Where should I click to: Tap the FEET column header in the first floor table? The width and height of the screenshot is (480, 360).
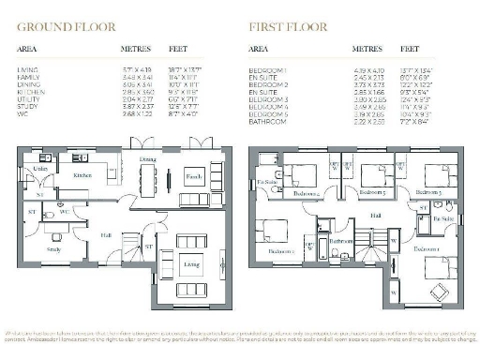tap(410, 46)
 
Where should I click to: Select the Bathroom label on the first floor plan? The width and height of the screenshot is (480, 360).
tap(339, 241)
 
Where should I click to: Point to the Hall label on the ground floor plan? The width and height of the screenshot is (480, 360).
tap(106, 236)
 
